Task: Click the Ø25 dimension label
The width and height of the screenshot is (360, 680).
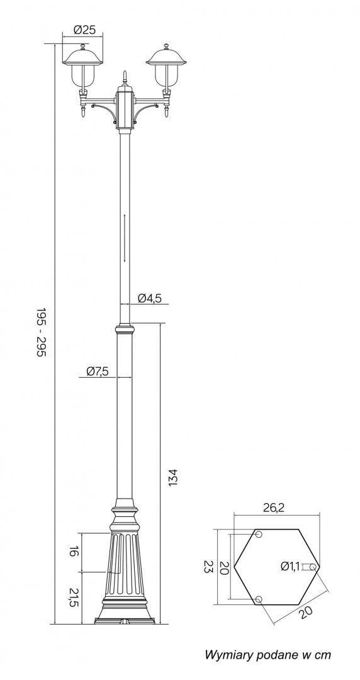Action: pyautogui.click(x=84, y=30)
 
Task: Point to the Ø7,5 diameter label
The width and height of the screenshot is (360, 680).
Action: pyautogui.click(x=97, y=371)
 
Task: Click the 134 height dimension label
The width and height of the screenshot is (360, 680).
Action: pyautogui.click(x=173, y=477)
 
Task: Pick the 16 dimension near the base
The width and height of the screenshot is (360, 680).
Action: pyautogui.click(x=73, y=552)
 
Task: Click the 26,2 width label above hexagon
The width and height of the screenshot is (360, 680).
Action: pyautogui.click(x=273, y=508)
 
